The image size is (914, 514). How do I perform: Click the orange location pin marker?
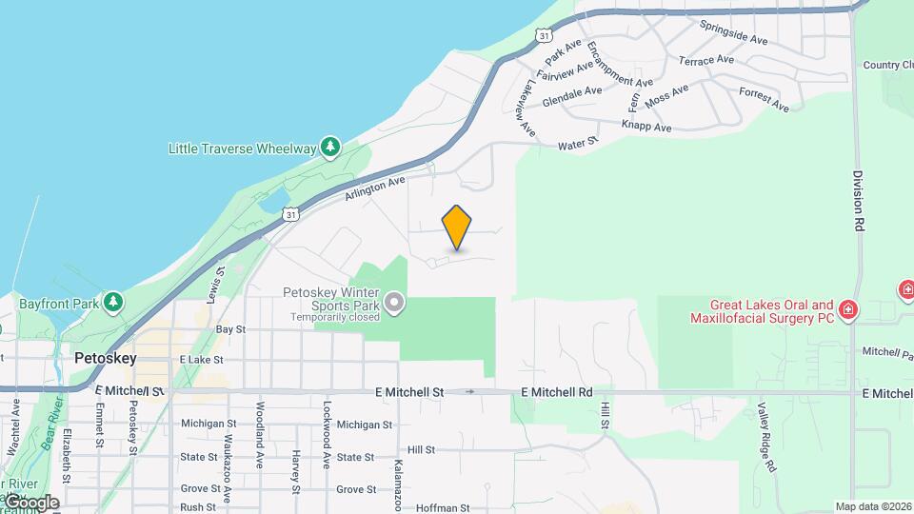[x=457, y=227]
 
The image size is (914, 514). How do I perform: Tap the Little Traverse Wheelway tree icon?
[x=329, y=147]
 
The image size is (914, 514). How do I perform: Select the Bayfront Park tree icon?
[x=113, y=303]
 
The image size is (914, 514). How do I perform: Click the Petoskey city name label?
[x=105, y=359]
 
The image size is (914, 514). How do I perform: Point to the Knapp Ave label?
[x=646, y=127]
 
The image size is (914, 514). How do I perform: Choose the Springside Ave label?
[x=733, y=34]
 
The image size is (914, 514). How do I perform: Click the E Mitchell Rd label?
[x=558, y=392]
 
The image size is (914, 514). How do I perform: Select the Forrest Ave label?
[x=764, y=99]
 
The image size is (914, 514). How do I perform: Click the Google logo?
[x=31, y=503]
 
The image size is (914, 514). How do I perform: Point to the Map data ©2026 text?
[x=871, y=506]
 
